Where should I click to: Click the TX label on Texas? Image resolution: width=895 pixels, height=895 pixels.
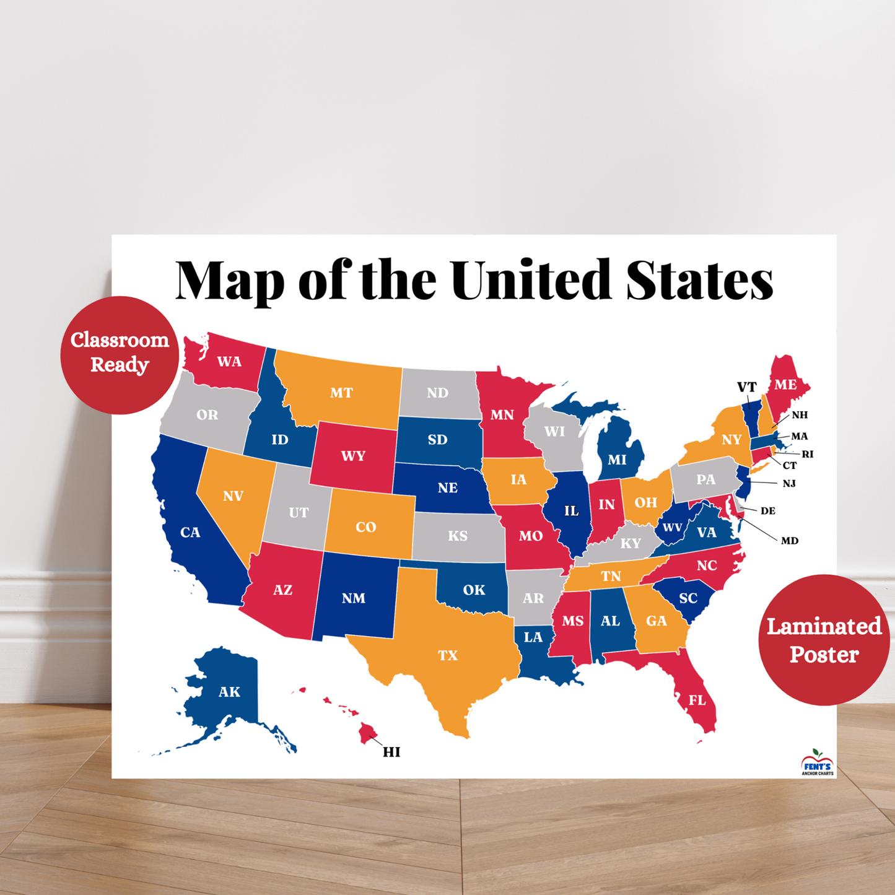click(447, 655)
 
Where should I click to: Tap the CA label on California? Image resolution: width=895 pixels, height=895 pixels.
click(190, 533)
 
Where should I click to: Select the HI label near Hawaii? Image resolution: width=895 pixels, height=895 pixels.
click(391, 752)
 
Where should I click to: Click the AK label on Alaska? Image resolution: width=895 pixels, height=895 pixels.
click(229, 692)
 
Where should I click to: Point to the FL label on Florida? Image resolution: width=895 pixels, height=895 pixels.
click(697, 701)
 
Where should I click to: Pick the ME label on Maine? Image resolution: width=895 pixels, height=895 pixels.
click(785, 385)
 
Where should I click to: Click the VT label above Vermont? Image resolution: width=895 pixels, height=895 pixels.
click(746, 387)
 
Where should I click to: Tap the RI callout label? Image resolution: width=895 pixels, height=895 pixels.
click(807, 454)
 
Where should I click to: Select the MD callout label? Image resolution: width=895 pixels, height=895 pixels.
click(789, 541)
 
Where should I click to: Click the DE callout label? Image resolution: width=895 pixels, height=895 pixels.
click(768, 511)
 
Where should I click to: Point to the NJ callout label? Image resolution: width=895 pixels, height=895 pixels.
click(788, 483)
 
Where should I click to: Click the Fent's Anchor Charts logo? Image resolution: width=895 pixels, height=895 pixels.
click(817, 764)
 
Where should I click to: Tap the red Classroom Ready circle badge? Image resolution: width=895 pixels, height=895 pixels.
click(120, 354)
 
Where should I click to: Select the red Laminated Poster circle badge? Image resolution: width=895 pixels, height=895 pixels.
click(824, 640)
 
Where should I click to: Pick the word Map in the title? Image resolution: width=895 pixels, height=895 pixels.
click(230, 280)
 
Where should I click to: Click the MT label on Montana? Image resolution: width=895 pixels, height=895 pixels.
click(341, 393)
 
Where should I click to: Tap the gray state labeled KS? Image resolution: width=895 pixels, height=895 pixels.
click(458, 536)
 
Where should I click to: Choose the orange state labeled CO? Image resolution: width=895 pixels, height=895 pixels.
click(366, 527)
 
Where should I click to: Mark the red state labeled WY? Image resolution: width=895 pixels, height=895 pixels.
click(353, 456)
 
